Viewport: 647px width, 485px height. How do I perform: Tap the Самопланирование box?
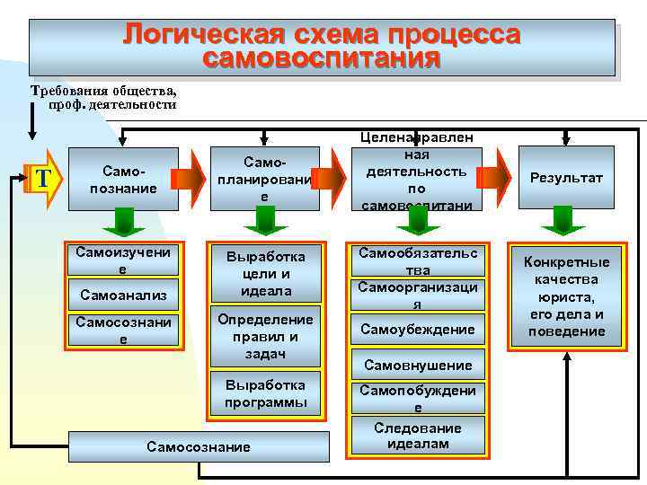click(264, 178)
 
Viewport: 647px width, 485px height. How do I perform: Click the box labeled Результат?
click(566, 178)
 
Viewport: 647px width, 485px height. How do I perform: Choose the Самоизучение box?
click(123, 260)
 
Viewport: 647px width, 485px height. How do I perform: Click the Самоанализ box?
click(123, 294)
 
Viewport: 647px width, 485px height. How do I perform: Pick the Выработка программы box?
click(265, 393)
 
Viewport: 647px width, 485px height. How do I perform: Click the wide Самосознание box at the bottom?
click(199, 446)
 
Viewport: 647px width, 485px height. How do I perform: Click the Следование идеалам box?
click(418, 436)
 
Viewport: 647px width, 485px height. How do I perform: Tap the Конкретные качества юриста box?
click(567, 296)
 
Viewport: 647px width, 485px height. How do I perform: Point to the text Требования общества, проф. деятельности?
click(104, 97)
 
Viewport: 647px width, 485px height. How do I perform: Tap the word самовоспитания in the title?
click(322, 60)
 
